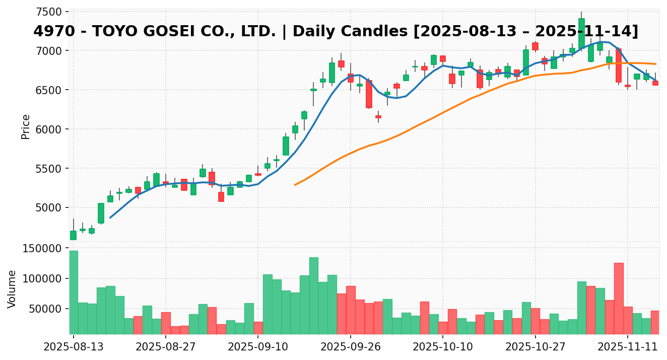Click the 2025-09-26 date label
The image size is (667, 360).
350,347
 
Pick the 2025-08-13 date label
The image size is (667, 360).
73,347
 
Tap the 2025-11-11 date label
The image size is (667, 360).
628,347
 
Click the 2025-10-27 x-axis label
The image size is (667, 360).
535,347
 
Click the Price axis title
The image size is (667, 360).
26,126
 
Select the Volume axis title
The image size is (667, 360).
12,289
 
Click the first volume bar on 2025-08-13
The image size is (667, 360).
74,292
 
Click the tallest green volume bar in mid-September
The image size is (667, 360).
313,296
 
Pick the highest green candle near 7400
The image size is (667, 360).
581,33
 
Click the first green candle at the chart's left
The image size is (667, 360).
74,235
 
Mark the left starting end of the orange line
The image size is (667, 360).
295,185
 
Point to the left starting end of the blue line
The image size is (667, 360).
110,218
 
